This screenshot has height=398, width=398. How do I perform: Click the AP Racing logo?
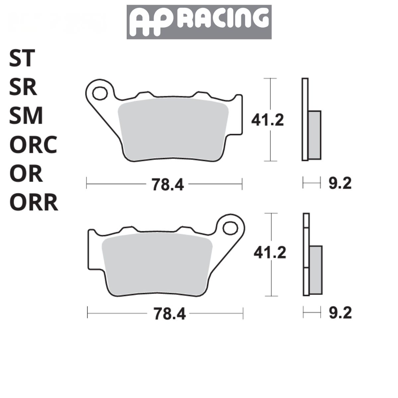(x=199, y=22)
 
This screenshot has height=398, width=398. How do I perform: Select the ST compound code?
(x=22, y=58)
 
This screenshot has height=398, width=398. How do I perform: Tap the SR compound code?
(x=23, y=88)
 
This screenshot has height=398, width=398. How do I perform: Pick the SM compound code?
(x=26, y=116)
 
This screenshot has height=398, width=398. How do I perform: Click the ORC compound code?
(x=33, y=145)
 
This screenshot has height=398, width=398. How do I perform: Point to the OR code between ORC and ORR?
(x=26, y=174)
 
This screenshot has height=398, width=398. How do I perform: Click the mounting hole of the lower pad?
(x=230, y=228)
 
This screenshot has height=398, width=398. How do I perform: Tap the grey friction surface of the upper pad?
(x=172, y=129)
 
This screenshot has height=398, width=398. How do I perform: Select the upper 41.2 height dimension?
(x=268, y=120)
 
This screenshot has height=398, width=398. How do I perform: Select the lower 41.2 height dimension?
(x=270, y=253)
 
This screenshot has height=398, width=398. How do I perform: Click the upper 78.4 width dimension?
(x=168, y=184)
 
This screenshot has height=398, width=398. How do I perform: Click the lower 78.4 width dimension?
(x=169, y=314)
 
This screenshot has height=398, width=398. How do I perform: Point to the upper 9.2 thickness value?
(x=340, y=183)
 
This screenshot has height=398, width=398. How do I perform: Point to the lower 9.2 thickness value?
(x=340, y=313)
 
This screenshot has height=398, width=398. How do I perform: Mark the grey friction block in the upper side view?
(x=314, y=135)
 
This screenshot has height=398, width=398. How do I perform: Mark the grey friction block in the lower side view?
(x=316, y=270)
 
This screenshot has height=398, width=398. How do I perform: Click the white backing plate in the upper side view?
(x=305, y=119)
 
